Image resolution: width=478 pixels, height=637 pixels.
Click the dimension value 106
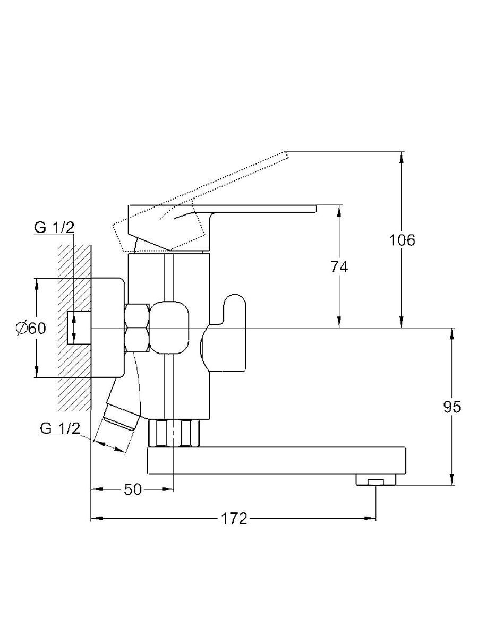point(402,240)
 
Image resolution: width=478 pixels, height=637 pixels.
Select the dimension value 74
point(339,266)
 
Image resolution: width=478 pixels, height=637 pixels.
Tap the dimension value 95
point(452,407)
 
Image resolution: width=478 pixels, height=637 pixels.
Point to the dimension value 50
point(133,489)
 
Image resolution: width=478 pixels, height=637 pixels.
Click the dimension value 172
point(234,518)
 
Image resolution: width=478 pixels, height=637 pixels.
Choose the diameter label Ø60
point(31,328)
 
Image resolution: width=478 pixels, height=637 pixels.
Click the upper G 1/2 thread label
point(54,227)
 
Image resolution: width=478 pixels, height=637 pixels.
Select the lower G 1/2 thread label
point(60,428)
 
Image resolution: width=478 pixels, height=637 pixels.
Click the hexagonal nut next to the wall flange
point(137,328)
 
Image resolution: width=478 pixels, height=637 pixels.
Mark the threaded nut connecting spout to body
point(174,434)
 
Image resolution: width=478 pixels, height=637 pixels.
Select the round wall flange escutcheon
point(108,328)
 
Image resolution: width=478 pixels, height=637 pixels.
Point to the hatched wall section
point(74,328)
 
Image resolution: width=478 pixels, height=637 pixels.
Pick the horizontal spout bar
point(276,461)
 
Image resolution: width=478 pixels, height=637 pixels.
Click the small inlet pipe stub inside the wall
point(79,328)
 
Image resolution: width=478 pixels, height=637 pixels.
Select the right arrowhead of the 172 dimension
point(371,518)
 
